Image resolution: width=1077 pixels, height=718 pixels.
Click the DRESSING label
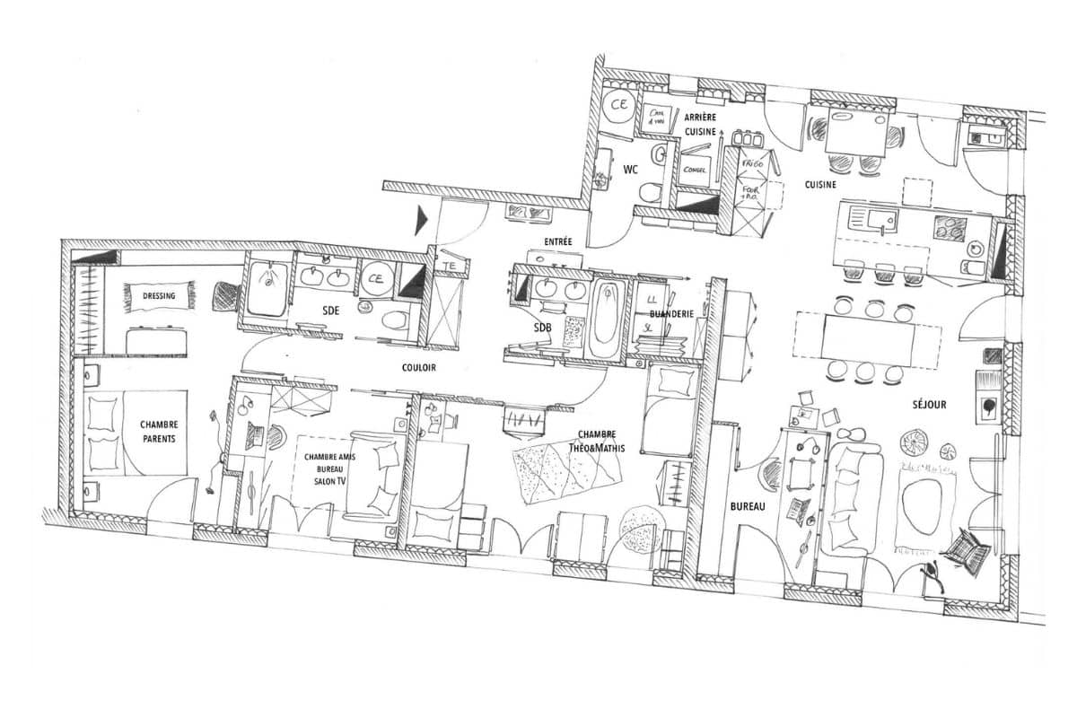pos(158,295)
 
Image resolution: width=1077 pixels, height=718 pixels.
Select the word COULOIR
pos(419,368)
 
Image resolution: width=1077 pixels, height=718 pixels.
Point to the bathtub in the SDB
pos(606,318)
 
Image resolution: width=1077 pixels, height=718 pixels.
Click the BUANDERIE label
pos(670,314)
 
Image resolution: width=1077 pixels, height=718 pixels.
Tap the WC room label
pos(630,169)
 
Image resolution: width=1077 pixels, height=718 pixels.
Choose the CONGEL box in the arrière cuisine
pos(695,170)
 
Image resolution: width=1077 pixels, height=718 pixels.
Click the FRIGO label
pos(752,166)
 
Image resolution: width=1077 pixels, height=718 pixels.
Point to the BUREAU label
pos(747,506)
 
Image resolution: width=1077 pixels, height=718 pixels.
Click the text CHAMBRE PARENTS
pos(159,432)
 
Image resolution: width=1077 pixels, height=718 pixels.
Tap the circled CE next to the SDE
pos(375,278)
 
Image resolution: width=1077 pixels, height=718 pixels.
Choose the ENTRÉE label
pos(557,242)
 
